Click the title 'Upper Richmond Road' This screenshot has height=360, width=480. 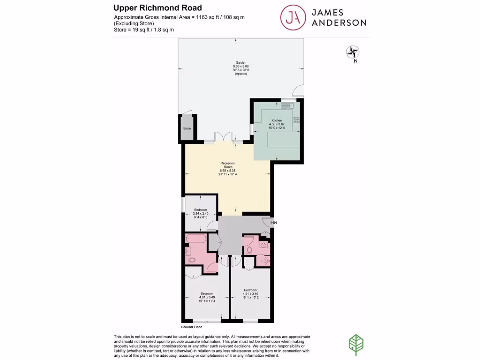click(x=158, y=8)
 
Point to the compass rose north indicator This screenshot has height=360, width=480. click(x=352, y=52)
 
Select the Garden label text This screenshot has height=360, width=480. click(x=241, y=62)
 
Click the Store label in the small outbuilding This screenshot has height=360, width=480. click(x=187, y=128)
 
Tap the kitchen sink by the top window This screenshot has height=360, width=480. click(x=286, y=106)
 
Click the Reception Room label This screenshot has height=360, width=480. click(x=227, y=165)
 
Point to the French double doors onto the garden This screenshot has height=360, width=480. click(x=224, y=136)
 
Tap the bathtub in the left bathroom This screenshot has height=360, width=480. click(x=195, y=240)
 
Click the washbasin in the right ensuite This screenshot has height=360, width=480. click(x=263, y=245)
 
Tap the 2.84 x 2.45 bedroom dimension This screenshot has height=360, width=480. click(x=200, y=214)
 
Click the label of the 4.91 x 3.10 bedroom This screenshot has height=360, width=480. click(x=250, y=290)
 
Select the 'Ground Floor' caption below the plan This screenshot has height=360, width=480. click(x=191, y=327)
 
